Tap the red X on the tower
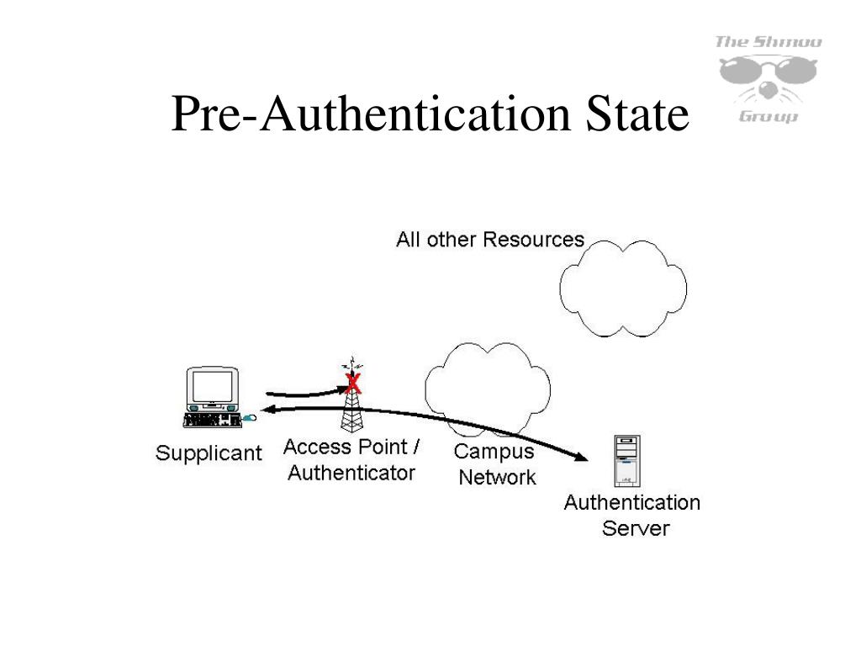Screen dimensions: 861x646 click(353, 384)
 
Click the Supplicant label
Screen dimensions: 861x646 click(209, 453)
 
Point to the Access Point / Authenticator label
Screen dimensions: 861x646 click(351, 459)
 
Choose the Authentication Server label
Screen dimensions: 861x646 click(632, 515)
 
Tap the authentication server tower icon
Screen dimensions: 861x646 click(626, 460)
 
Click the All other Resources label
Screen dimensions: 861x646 click(490, 240)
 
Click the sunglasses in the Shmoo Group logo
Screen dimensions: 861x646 click(768, 71)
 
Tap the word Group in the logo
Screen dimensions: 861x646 click(768, 117)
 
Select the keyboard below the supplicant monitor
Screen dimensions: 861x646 click(210, 418)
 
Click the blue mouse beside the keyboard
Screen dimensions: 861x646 click(250, 416)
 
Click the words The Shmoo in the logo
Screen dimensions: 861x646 click(768, 42)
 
